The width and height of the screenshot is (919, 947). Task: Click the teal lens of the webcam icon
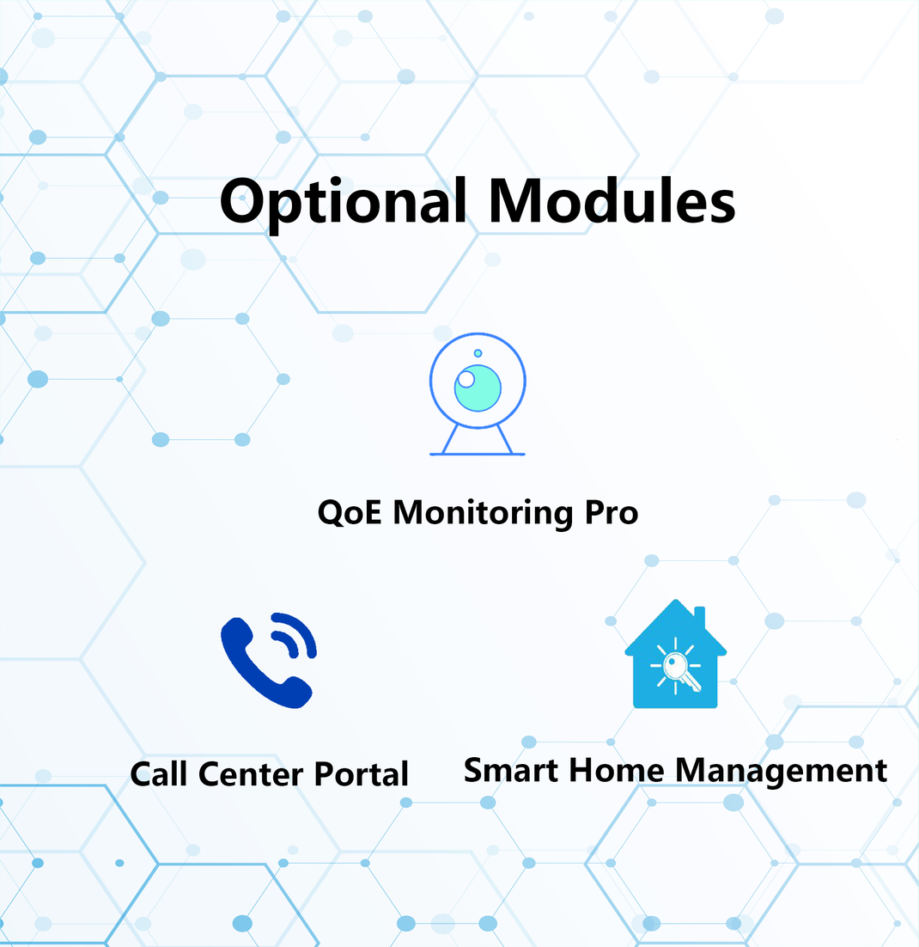(x=479, y=388)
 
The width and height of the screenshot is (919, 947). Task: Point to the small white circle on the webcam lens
(x=466, y=379)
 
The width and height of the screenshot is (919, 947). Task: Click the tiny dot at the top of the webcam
(x=478, y=353)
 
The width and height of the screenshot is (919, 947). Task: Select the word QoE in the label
(x=350, y=513)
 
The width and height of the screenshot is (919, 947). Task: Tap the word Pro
(x=612, y=513)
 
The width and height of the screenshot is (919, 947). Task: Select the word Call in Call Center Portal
(x=161, y=773)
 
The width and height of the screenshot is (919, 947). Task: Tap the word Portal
(x=361, y=773)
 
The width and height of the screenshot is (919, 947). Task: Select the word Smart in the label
(x=506, y=769)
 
